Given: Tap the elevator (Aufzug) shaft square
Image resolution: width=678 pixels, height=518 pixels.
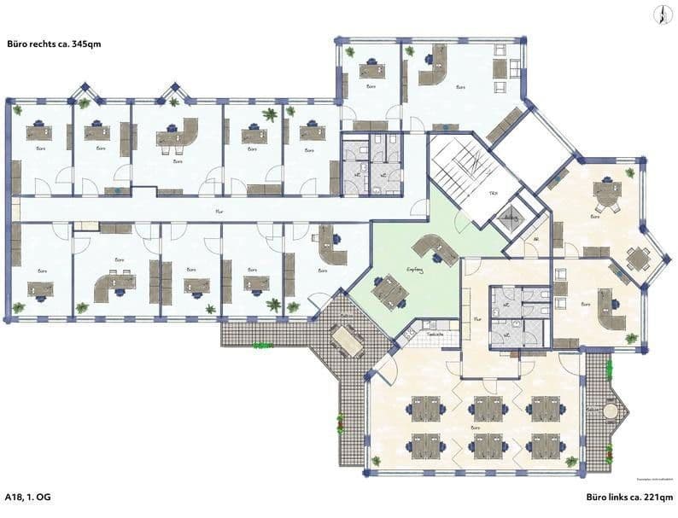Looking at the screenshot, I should point(511,218).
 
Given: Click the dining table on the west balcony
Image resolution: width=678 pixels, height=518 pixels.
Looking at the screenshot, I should point(346,341).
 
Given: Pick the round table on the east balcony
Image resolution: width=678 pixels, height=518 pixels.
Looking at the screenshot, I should point(611,412).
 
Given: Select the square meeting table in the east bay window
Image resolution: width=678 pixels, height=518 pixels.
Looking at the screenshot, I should point(636,256).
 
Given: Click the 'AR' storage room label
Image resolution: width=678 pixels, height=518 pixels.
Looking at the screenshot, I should point(535,241).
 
